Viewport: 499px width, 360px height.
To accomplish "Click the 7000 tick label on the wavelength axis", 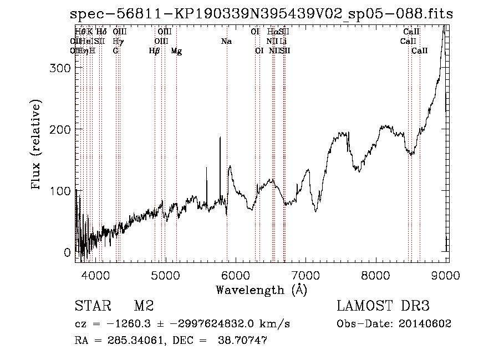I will pyautogui.click(x=305, y=275).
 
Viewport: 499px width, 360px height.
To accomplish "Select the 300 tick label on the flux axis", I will pyautogui.click(x=59, y=68).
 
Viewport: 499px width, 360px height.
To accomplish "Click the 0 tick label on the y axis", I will pyautogui.click(x=67, y=252).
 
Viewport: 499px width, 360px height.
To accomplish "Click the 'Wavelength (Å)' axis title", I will pyautogui.click(x=261, y=290).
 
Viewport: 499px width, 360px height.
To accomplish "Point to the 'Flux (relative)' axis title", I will pyautogui.click(x=37, y=145).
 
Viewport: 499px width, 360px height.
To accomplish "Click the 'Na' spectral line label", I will pyautogui.click(x=226, y=42).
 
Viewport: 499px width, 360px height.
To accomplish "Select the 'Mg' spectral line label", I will pyautogui.click(x=176, y=51).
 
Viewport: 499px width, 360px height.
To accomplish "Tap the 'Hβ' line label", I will pyautogui.click(x=155, y=51).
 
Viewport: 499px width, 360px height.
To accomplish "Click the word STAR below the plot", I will pyautogui.click(x=91, y=306).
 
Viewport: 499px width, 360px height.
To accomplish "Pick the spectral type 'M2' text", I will pyautogui.click(x=144, y=306).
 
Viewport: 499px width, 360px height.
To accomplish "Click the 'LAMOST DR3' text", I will pyautogui.click(x=383, y=306).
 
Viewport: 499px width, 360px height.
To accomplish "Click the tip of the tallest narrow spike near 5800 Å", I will pyautogui.click(x=220, y=137).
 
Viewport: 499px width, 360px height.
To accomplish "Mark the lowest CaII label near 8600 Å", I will pyautogui.click(x=420, y=51).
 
